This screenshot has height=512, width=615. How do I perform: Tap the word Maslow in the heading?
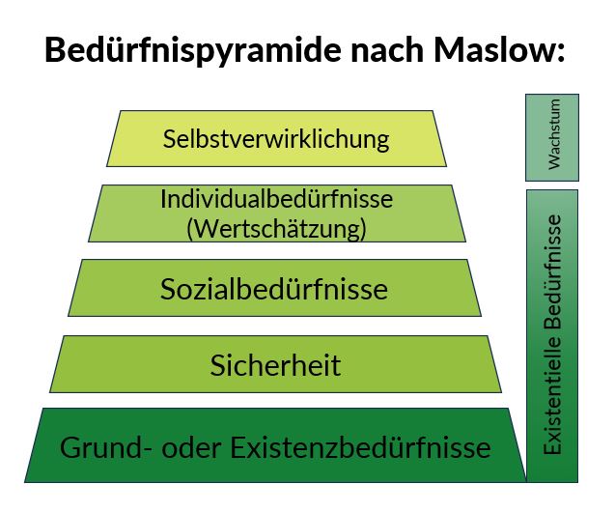tap(492, 50)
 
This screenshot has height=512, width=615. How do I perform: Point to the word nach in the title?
tap(387, 50)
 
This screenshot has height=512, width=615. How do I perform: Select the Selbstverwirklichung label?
tap(276, 139)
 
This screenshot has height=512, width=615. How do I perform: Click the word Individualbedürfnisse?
tap(276, 199)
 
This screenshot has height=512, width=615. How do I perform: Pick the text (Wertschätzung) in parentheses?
tap(276, 228)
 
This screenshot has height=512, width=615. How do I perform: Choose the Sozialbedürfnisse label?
tap(274, 289)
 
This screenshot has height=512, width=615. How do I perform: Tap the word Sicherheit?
tap(275, 365)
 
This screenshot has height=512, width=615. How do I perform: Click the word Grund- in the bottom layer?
tap(105, 447)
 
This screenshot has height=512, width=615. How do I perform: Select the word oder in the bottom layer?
tap(191, 447)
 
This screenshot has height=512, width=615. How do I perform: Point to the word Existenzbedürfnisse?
tap(360, 447)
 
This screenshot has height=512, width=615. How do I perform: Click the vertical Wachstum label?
tap(554, 134)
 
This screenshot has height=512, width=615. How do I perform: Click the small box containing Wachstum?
tap(552, 137)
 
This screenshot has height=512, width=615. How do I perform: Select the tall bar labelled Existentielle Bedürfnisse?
tap(552, 336)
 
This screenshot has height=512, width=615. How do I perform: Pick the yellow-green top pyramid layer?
tap(276, 138)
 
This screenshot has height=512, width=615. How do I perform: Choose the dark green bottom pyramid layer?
tap(275, 445)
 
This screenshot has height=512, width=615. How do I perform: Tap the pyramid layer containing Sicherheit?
tap(275, 364)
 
